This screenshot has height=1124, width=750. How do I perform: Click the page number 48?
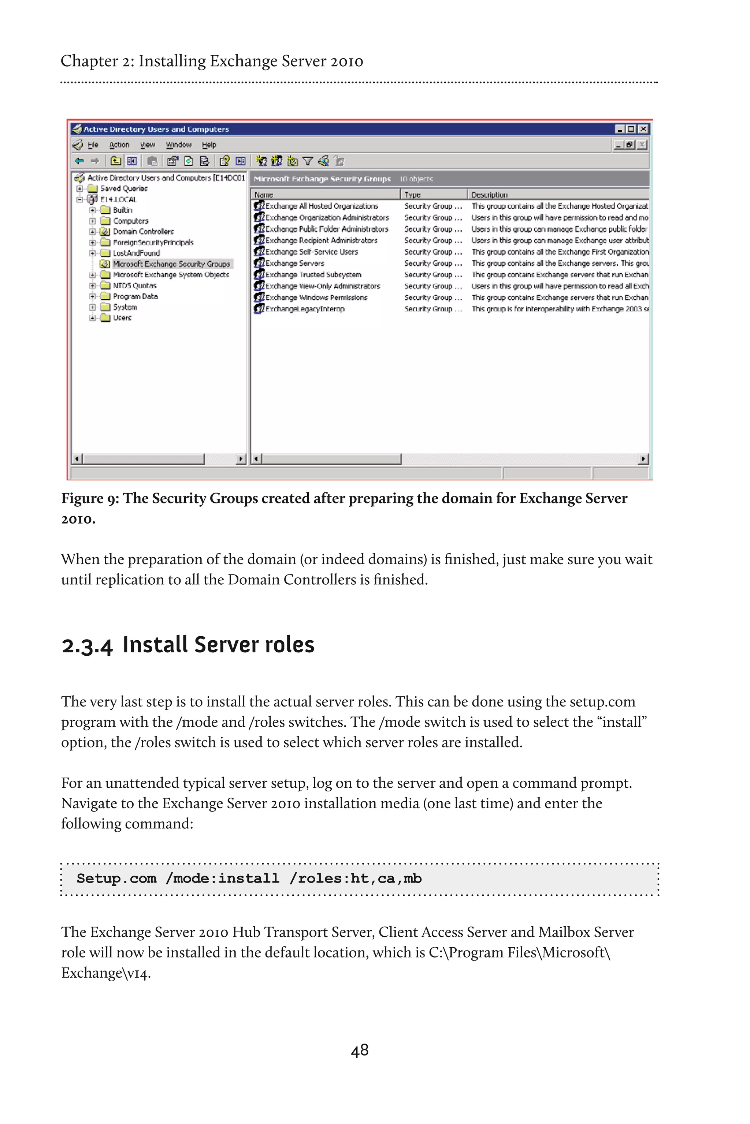(x=359, y=1050)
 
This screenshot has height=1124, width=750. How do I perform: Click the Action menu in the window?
(x=119, y=145)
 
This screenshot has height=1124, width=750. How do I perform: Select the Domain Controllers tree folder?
(x=143, y=232)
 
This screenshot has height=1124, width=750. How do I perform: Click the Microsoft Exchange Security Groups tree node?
(x=171, y=264)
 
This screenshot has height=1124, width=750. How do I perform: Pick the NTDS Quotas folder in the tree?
(x=134, y=286)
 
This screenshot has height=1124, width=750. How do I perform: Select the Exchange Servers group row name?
(x=295, y=263)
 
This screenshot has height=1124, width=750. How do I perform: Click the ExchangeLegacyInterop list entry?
(x=305, y=309)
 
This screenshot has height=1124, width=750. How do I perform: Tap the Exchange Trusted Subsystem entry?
(x=313, y=275)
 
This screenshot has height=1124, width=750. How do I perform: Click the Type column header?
(x=412, y=195)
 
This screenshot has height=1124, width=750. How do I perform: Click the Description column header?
(x=489, y=195)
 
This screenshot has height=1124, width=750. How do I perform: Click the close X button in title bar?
(x=643, y=129)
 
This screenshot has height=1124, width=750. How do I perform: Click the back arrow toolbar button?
(x=79, y=161)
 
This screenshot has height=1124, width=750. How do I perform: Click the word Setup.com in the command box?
(x=116, y=878)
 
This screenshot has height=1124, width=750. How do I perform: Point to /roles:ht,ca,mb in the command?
(x=355, y=878)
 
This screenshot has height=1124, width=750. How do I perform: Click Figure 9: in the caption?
(x=90, y=498)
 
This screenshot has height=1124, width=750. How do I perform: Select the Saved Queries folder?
(x=123, y=189)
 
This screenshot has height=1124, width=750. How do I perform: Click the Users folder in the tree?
(x=122, y=318)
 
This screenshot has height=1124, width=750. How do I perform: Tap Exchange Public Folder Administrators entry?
(x=327, y=229)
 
